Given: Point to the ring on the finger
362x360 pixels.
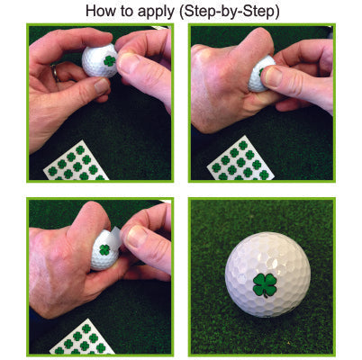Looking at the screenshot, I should coord(56,71).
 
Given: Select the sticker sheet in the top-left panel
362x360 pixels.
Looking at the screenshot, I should coord(77,162).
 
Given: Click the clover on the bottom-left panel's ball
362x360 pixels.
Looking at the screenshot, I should coord(105,249).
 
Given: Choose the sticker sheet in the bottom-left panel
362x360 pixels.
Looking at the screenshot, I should coord(81,341).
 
